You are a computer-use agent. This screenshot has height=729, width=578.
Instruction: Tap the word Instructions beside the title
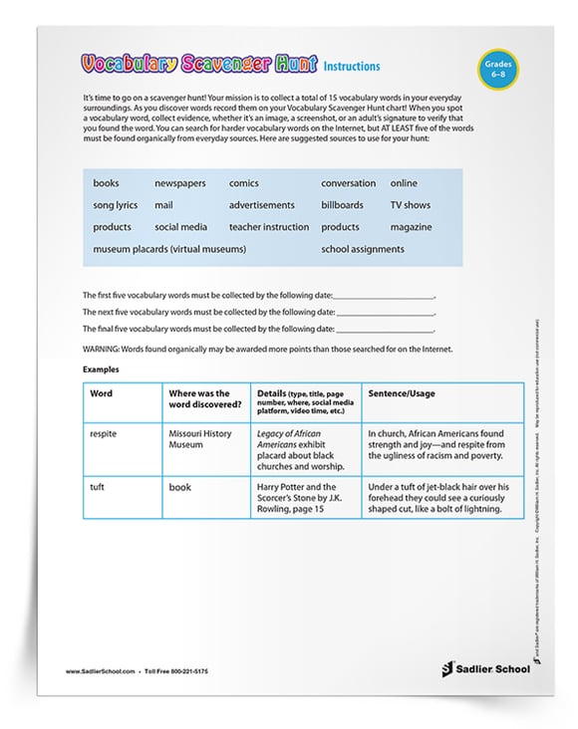(x=351, y=67)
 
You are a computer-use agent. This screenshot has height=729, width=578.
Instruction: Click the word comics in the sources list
(x=244, y=183)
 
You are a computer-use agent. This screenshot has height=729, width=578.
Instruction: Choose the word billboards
(x=344, y=205)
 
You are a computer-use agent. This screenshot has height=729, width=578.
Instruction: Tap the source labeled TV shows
(x=410, y=205)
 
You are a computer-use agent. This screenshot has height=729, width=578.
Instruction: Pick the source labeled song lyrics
(x=117, y=205)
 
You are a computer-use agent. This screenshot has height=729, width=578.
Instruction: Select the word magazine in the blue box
(x=411, y=227)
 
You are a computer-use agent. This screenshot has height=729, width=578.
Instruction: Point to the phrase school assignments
(x=362, y=249)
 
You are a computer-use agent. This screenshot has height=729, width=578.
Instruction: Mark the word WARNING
(x=102, y=350)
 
